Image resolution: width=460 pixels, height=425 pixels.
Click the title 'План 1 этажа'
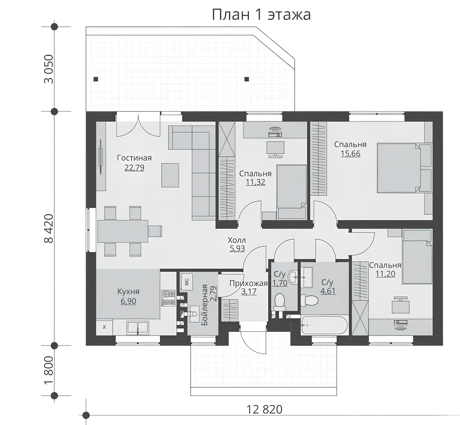pos(261,15)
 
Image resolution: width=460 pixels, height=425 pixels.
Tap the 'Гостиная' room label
pos(134,158)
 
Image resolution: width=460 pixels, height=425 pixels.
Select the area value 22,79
pos(135,168)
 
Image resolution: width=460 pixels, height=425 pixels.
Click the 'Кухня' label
pos(128,292)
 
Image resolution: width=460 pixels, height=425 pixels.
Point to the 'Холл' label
pos(237,240)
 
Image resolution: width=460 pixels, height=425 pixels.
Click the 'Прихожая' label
pos(249,283)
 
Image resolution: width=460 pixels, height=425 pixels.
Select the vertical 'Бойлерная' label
pos(205,305)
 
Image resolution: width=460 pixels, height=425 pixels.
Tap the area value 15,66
pos(350,153)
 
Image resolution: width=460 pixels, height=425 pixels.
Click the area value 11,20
pos(385,274)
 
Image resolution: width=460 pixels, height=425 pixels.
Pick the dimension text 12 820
pos(264,410)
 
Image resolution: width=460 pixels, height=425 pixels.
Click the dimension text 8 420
pos(49,228)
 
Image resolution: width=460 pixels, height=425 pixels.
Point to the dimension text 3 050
pos(49,69)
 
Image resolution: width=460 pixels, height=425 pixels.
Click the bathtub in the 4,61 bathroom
pos(324,325)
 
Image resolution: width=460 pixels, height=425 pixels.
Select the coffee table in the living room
pos(170,175)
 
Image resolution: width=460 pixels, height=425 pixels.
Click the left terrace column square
pos(96,79)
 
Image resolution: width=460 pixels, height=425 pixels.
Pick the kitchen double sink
pos(137,327)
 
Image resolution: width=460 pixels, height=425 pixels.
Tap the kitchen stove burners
pos(169,298)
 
